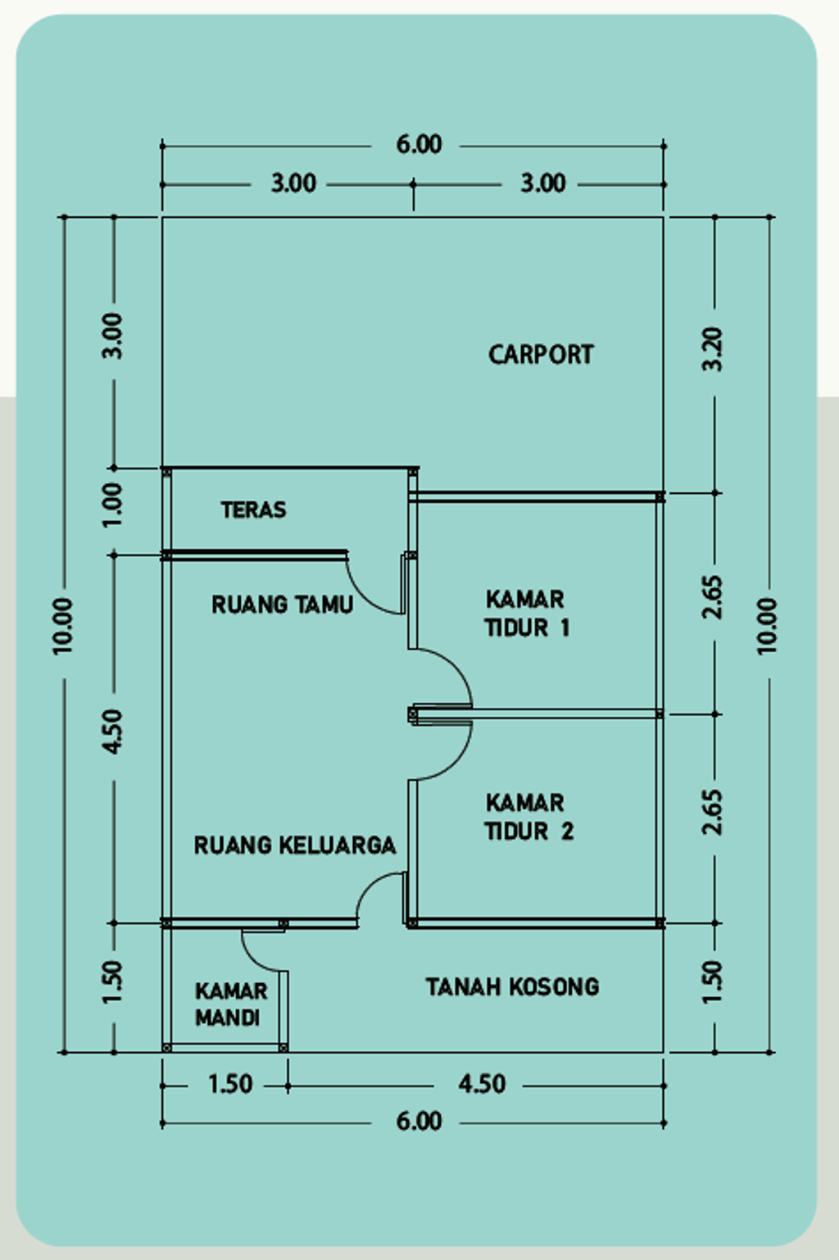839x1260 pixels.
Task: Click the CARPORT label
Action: point(541,355)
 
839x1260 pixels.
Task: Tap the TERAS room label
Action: point(253,510)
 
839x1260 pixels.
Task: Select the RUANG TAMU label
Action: point(282,605)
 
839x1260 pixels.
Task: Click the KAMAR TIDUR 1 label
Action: point(526,613)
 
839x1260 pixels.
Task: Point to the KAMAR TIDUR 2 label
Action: point(528,817)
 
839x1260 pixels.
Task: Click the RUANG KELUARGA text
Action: point(294,845)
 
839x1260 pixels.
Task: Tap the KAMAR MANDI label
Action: point(230,1004)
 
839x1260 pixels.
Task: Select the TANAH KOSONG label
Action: point(512,986)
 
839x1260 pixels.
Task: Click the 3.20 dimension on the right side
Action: point(713,349)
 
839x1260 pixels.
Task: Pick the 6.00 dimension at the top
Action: point(419,145)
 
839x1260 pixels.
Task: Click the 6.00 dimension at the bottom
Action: point(419,1121)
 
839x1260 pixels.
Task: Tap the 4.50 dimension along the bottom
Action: point(482,1085)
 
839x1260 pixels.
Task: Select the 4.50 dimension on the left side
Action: point(112,732)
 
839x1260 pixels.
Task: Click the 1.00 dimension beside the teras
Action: point(112,505)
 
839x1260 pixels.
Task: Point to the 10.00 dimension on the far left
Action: point(63,626)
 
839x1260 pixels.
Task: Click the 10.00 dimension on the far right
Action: point(767,626)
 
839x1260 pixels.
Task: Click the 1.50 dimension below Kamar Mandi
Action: point(230,1085)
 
